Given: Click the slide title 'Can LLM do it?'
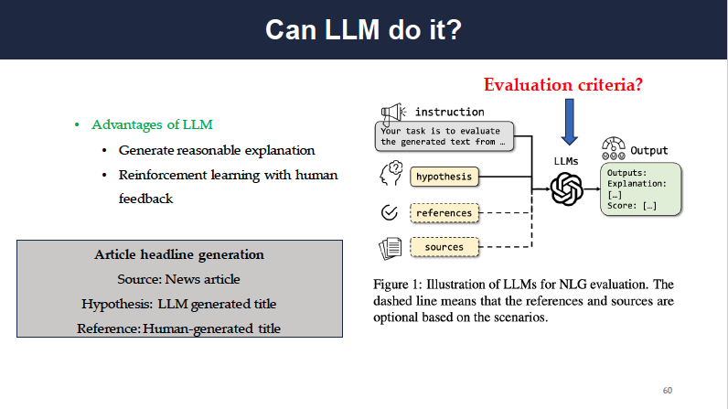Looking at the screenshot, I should (x=363, y=29).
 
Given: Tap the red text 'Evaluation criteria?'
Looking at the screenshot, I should (x=563, y=85).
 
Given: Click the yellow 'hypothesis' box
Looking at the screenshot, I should (x=444, y=176).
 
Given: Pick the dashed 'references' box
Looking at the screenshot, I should (x=444, y=213).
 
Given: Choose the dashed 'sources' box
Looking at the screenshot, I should (x=444, y=247).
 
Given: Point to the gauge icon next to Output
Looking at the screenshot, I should (x=613, y=147).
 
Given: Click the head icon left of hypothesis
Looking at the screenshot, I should (x=390, y=175).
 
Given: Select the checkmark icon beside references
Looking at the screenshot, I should (x=389, y=213).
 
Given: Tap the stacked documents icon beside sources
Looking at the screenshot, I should (x=390, y=247).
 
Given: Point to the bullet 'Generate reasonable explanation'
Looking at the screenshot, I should (x=217, y=150).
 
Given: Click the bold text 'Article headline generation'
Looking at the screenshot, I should (x=179, y=254).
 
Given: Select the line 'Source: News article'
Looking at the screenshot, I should (x=179, y=278).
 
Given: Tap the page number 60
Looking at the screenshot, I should (x=668, y=391).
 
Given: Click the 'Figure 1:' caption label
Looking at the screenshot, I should (x=400, y=284).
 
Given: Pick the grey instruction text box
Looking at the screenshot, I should (x=444, y=136).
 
